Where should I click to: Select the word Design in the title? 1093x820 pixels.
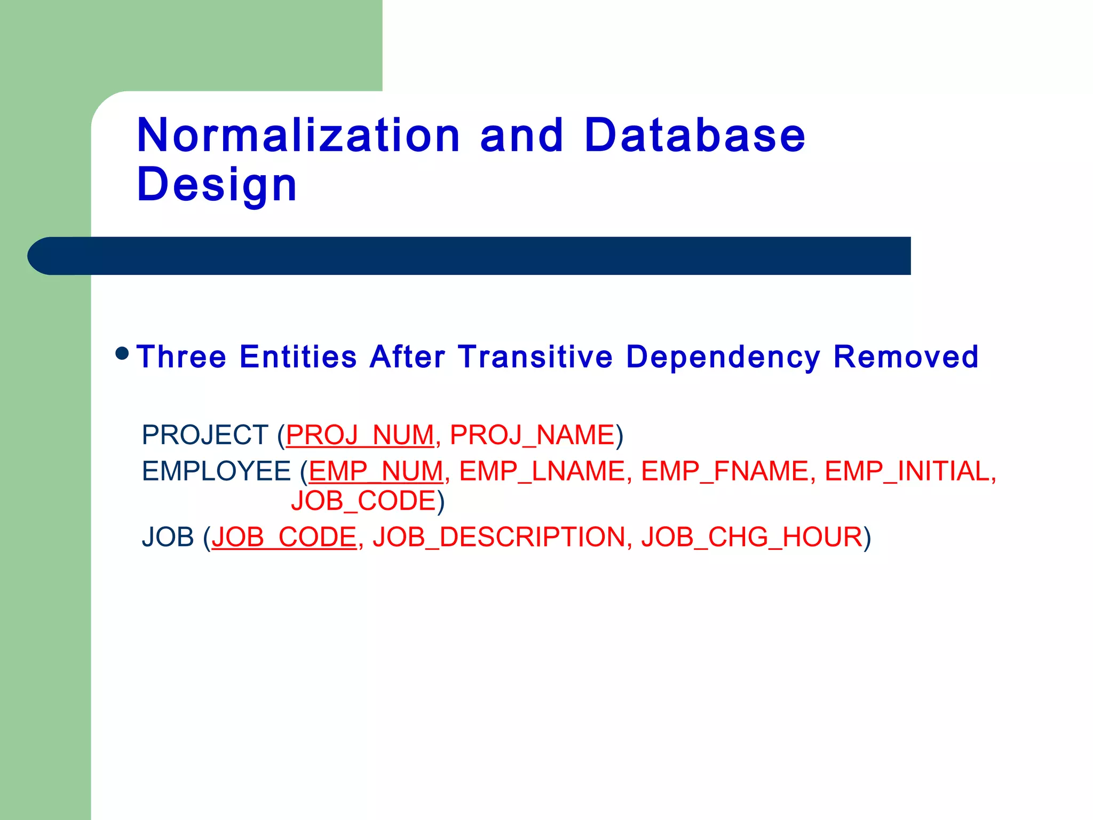pos(217,185)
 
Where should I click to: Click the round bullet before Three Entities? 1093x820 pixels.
pos(122,353)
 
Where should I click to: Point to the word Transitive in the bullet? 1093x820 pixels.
pos(536,357)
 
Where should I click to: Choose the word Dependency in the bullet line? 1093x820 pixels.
pos(723,358)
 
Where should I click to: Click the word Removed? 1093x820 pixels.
pos(906,357)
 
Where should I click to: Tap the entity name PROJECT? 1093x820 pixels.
pos(205,435)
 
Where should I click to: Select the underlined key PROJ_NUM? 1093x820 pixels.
pos(360,435)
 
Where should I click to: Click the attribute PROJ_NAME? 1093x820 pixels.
pos(532,435)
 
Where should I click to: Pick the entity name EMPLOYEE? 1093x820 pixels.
pos(216,471)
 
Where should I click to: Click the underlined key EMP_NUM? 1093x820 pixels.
pos(376,471)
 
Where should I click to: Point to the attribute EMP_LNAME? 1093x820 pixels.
pos(542,471)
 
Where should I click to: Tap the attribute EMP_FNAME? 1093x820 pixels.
pos(725,471)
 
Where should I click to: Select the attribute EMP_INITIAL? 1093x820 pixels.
pos(907,471)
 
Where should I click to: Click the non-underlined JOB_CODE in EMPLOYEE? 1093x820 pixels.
pos(364,501)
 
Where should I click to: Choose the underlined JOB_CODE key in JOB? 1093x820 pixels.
pos(284,537)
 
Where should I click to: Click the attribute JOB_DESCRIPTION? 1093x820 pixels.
pos(498,537)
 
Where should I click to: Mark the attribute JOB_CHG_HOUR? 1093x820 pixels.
pos(752,537)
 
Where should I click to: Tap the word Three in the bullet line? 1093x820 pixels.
pos(181,357)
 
